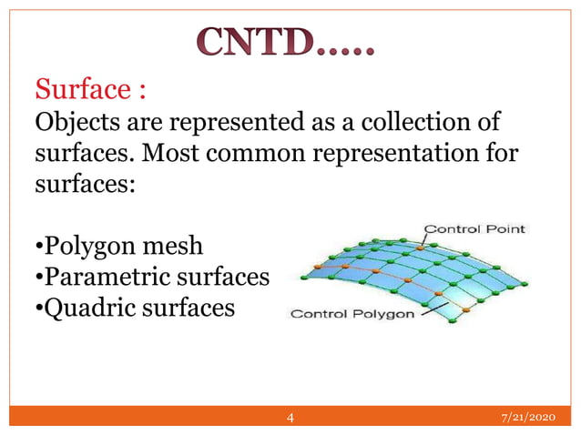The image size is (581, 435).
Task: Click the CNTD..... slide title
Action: pos(285,42)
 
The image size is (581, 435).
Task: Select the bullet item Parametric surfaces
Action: pos(151,277)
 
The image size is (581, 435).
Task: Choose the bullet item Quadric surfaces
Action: pos(135,308)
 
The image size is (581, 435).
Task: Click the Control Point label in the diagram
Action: pos(474,228)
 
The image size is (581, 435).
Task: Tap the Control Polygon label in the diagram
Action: pos(352,315)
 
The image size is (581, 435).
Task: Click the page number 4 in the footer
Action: pos(290,418)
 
